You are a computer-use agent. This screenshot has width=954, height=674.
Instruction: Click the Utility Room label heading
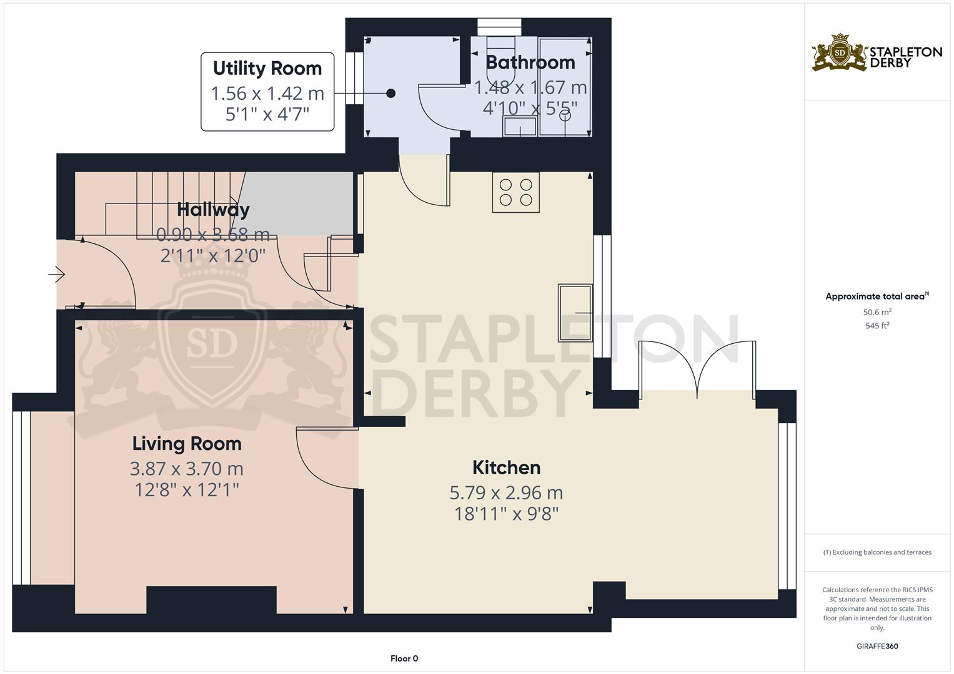click(x=267, y=68)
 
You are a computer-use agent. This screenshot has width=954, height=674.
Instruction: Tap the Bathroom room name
click(x=530, y=62)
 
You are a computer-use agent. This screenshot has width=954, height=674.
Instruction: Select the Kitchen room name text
click(x=506, y=467)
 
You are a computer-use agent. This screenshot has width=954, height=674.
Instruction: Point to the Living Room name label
click(x=187, y=444)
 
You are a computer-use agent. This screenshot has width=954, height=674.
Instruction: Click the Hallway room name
click(x=213, y=210)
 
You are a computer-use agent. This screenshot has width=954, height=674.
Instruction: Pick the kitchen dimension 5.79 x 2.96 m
click(x=506, y=493)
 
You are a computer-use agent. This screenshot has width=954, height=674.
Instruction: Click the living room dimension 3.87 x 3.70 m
click(x=187, y=469)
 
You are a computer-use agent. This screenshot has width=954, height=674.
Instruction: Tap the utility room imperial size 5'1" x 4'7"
click(x=267, y=115)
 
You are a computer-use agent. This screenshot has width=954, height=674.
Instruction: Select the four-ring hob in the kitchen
click(x=515, y=192)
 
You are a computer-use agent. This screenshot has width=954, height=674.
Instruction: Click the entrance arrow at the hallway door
click(x=57, y=274)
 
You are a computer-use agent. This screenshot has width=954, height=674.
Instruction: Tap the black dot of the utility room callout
click(x=391, y=94)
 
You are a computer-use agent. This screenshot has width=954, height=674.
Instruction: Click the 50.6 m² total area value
click(x=877, y=312)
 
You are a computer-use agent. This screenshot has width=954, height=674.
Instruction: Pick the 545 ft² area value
click(x=877, y=326)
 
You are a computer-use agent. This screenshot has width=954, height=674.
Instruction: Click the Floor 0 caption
click(x=404, y=658)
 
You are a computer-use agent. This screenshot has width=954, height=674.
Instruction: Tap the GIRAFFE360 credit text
click(x=877, y=647)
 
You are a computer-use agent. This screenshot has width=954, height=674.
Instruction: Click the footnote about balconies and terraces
click(x=877, y=552)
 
